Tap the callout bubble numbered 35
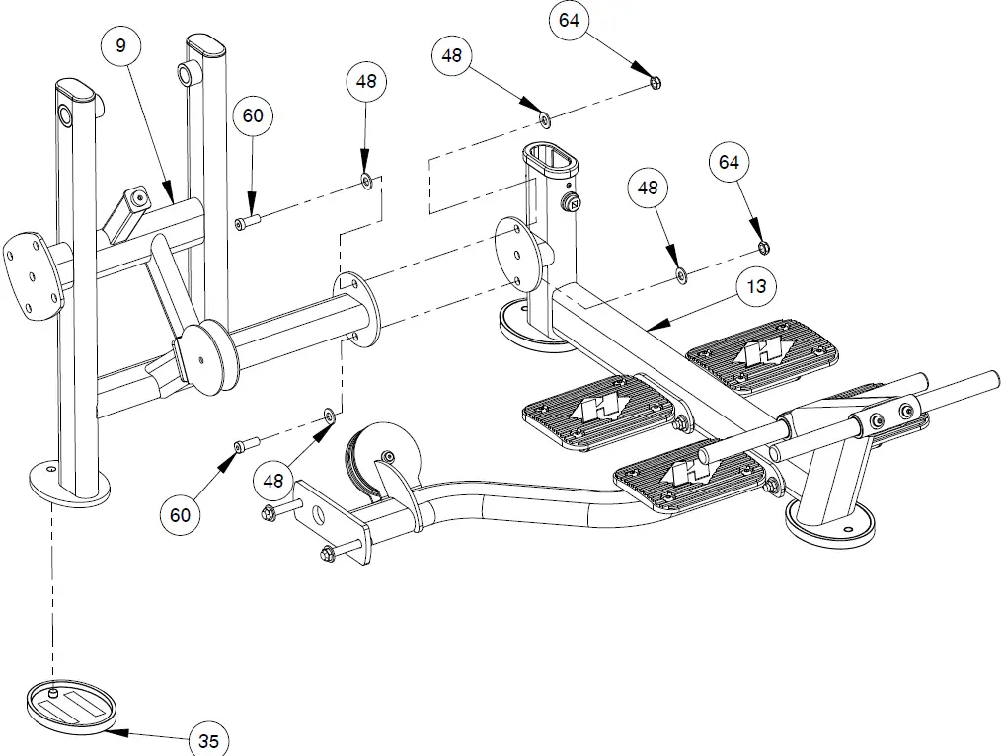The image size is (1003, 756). click(x=208, y=740)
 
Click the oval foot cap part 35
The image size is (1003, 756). click(x=71, y=707)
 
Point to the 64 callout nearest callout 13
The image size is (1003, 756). click(x=729, y=162)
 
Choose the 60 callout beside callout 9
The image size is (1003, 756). click(x=253, y=115)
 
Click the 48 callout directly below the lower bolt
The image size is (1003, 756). click(x=273, y=481)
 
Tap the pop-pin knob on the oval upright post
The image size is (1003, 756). click(x=571, y=204)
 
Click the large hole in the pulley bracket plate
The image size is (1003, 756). click(x=318, y=514)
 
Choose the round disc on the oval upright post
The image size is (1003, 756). click(x=516, y=251)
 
